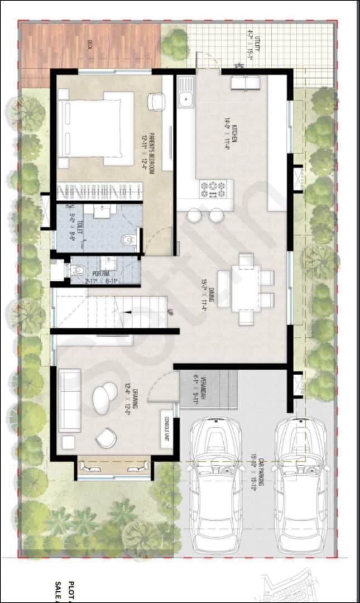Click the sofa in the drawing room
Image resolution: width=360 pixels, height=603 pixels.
click(x=69, y=399)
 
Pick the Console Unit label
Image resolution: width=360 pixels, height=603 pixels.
click(x=165, y=429)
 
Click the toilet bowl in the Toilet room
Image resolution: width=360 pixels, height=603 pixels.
click(x=129, y=241)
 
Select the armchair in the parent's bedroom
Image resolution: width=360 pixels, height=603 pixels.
click(x=156, y=102)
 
